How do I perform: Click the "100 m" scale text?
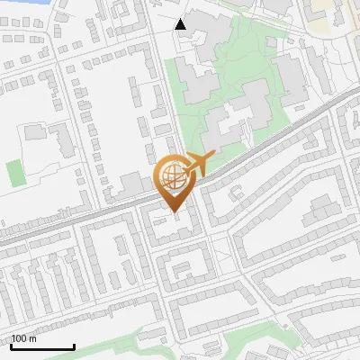[x=24, y=338]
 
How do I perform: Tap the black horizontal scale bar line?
[x=42, y=346]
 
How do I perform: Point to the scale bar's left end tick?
[x=11, y=345]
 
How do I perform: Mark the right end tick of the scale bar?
[x=74, y=345]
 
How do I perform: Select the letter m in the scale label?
[x=33, y=338]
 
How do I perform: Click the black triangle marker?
[x=181, y=24]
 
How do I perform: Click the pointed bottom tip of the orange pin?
[x=172, y=212]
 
